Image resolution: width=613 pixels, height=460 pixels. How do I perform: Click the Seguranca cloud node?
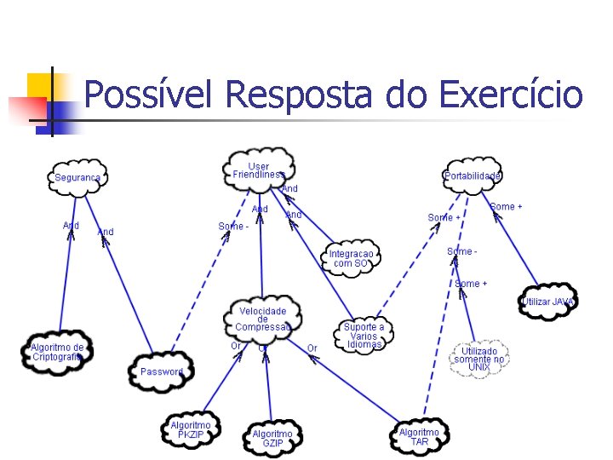coord(77,178)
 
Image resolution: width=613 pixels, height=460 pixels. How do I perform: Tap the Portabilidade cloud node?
coord(473,176)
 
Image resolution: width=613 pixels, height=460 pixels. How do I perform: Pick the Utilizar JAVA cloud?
coord(548,302)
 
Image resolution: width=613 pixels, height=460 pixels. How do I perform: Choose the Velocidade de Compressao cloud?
coord(262,319)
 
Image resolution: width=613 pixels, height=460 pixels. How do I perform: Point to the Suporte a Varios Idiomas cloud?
coord(364,336)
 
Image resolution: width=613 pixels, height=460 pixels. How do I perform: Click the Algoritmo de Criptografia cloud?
coord(56,352)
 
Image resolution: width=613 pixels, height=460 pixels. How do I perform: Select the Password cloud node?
coord(162,371)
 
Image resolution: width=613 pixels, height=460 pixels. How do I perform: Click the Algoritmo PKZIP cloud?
coord(191,429)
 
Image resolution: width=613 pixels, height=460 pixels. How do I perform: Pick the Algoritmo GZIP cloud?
coord(272,438)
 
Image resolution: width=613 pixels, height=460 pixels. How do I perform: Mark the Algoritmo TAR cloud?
coord(420,437)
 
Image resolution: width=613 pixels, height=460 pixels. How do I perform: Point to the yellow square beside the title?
coord(39,85)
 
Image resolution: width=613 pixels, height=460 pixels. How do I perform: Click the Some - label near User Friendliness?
coord(233,227)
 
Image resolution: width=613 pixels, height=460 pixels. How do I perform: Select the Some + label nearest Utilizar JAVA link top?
coord(506,207)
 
